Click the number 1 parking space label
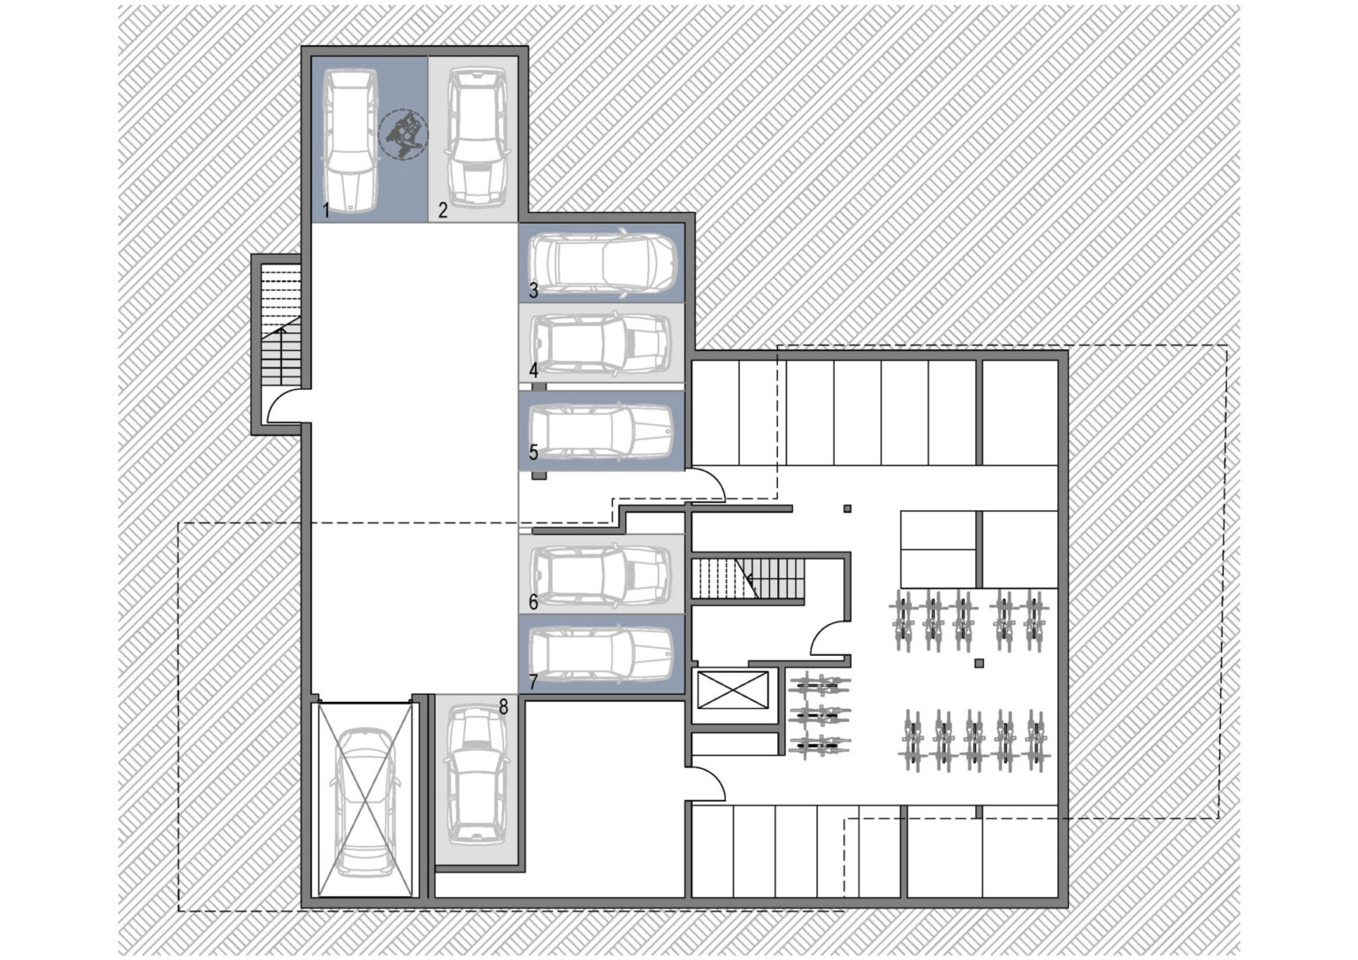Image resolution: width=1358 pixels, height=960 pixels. coord(326,211)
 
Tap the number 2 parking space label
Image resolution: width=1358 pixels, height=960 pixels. coord(443,210)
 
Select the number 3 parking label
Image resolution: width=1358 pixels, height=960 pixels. coord(533,290)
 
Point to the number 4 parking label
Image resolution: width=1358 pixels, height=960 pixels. coord(533,370)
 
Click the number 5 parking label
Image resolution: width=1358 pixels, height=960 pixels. coord(533,452)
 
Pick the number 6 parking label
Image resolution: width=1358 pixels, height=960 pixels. coord(533,602)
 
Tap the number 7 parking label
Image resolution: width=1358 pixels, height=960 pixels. coord(533,682)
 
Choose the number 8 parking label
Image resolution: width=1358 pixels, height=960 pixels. coord(503,706)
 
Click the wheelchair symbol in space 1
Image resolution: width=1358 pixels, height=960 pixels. coord(403,134)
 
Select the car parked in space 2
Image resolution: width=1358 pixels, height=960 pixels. coord(477,138)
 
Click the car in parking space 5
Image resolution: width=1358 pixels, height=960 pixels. coord(601,430)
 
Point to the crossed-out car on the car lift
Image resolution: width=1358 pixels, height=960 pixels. coord(365,799)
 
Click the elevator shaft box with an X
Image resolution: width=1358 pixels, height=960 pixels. coord(732,690)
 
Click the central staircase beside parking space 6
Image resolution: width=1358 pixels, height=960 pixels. coord(749,578)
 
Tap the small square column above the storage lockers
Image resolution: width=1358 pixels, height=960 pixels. coord(848,508)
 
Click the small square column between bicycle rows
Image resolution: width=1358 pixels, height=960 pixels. coord(979,664)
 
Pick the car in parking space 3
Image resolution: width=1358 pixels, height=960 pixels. coord(601,263)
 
